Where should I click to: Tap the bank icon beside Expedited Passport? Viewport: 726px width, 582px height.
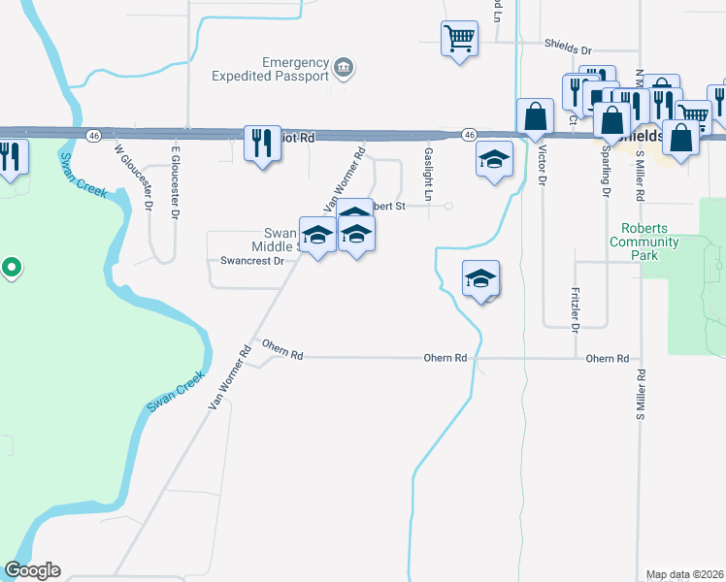(x=343, y=67)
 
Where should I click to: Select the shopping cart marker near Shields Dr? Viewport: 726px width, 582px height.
(x=459, y=39)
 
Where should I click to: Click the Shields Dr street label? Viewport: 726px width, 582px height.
(x=568, y=45)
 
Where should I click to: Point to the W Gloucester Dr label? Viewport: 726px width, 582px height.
(x=135, y=177)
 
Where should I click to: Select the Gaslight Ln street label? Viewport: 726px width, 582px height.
(x=428, y=175)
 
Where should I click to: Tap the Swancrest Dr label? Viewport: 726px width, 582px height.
(x=251, y=261)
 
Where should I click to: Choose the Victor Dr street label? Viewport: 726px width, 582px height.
(x=543, y=167)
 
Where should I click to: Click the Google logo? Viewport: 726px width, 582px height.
(x=32, y=570)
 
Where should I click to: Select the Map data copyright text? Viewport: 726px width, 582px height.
(x=684, y=574)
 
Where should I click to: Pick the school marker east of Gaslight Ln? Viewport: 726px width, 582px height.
(x=494, y=158)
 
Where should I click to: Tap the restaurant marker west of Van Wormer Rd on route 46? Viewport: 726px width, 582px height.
(x=261, y=144)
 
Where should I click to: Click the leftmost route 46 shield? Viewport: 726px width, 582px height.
(x=93, y=137)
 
